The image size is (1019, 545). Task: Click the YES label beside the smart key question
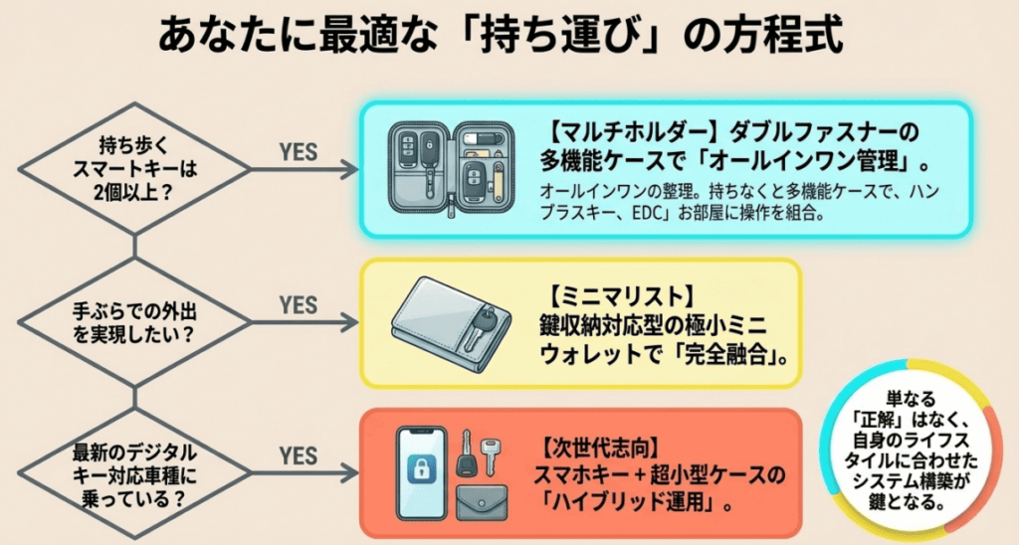[x=298, y=152]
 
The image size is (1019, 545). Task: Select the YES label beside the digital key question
[x=298, y=455]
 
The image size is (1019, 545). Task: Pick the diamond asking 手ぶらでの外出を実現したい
[x=135, y=321]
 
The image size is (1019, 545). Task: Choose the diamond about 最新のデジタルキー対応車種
[x=135, y=473]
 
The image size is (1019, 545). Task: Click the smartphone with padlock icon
[x=421, y=473]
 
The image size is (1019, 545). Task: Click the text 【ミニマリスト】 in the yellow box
[x=606, y=295]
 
